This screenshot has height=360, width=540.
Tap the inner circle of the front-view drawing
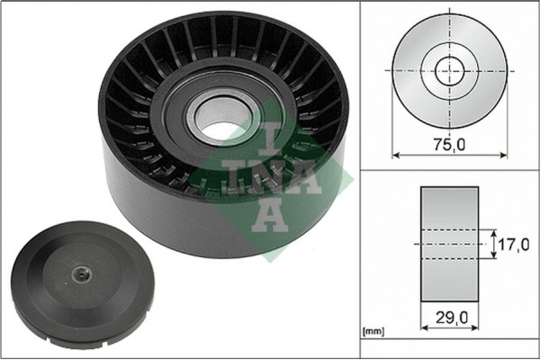(x=449, y=69)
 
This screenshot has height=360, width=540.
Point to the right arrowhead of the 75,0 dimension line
(x=501, y=155)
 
